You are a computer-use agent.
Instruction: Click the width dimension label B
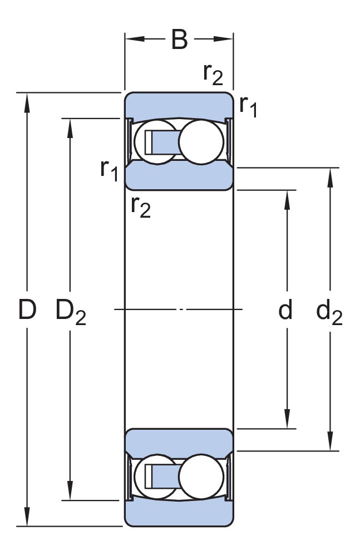pos(179,40)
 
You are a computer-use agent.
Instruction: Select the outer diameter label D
pos(27,310)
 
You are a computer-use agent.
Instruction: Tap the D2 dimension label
pos(71,312)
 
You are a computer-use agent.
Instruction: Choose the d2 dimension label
pos(329,312)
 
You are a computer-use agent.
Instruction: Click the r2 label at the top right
pos(213,74)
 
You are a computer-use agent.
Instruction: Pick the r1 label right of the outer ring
pos(248,106)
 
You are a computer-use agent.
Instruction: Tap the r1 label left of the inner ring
pos(110,170)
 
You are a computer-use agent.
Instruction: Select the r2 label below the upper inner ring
pos(141,207)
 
